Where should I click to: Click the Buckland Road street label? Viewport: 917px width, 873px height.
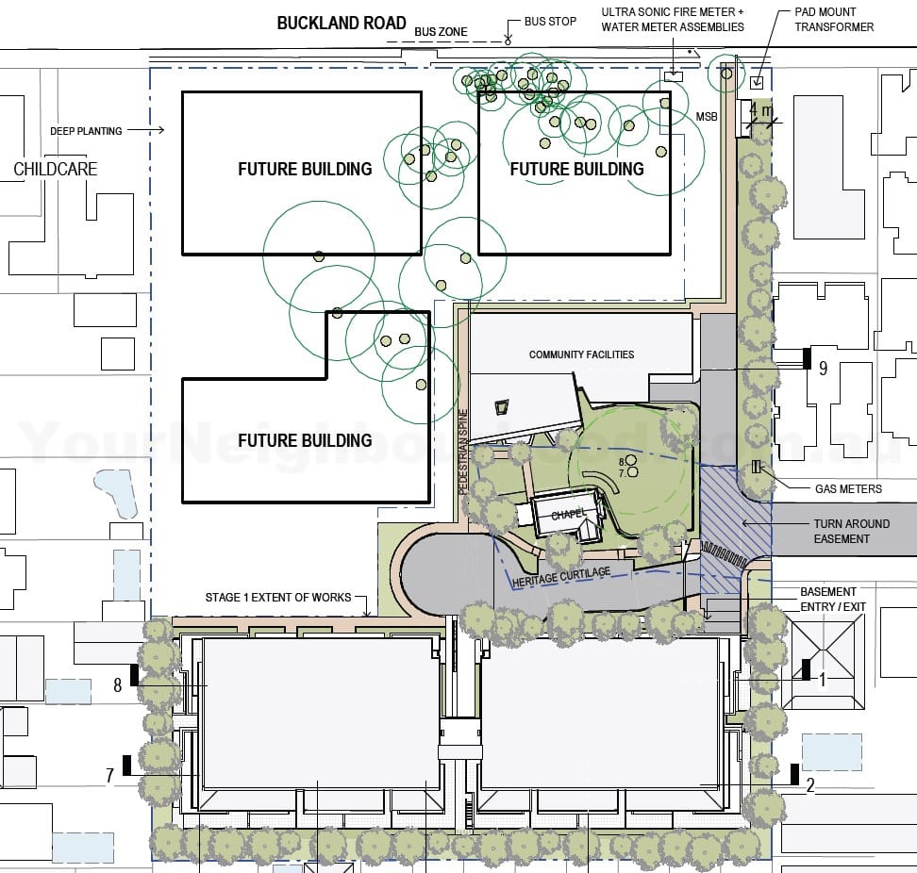click(x=342, y=23)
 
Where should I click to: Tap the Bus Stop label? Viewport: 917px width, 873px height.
click(x=550, y=21)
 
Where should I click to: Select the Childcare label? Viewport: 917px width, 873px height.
click(x=55, y=170)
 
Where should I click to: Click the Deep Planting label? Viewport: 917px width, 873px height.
click(x=86, y=131)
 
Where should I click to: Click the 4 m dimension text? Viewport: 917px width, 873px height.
click(x=759, y=110)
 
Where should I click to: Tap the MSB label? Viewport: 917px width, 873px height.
click(x=708, y=116)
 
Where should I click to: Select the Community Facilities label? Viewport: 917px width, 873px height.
click(x=581, y=354)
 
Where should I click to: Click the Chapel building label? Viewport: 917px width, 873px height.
click(x=569, y=514)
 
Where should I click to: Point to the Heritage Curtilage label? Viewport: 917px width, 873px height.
click(x=561, y=577)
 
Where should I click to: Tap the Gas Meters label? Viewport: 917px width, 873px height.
click(x=848, y=488)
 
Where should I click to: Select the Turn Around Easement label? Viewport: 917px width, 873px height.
click(x=851, y=531)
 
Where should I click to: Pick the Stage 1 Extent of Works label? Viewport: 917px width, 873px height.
click(x=277, y=598)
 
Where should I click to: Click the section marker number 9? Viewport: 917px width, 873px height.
click(x=823, y=368)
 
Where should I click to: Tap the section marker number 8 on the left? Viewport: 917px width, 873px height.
click(x=118, y=685)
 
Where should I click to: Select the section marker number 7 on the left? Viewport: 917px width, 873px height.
click(x=110, y=775)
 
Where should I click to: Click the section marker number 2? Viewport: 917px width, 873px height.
click(x=809, y=782)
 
